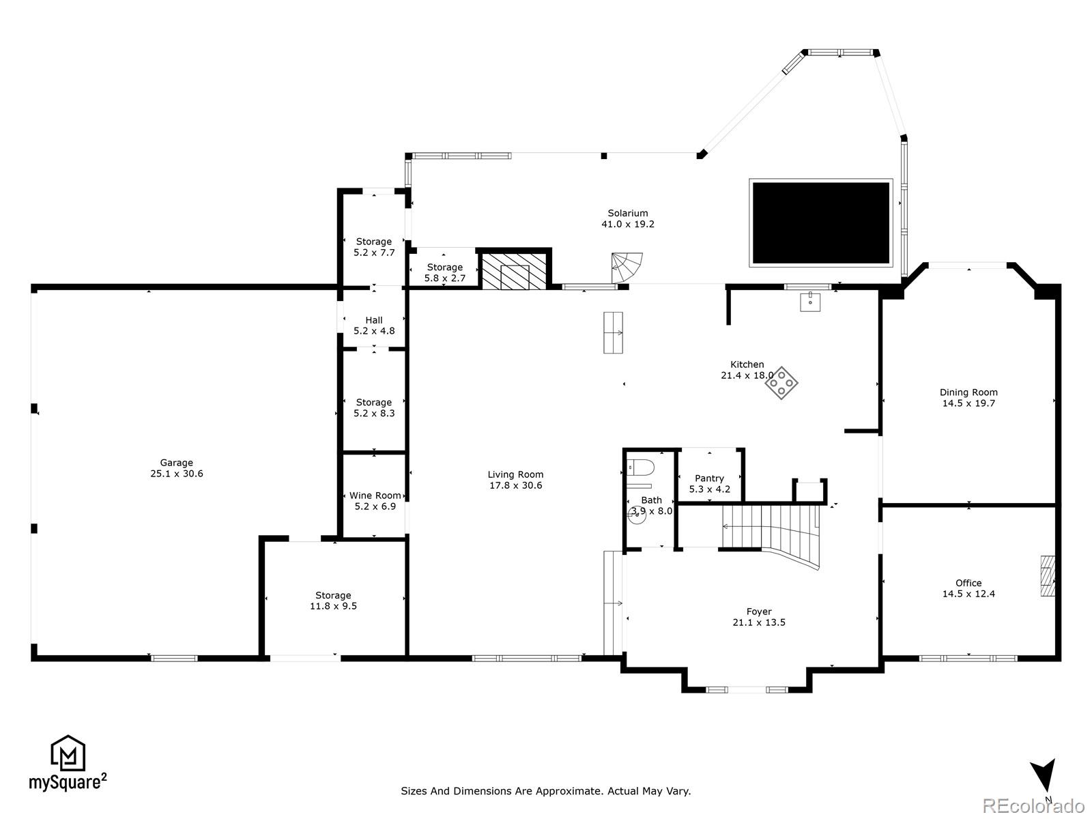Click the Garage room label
coord(177,463)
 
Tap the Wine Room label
coord(375,495)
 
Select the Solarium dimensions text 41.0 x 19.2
coord(627,224)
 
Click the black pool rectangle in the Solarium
coord(820,223)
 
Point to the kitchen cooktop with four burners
coord(781,384)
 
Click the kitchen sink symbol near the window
coord(811,301)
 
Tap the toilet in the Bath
coord(641,468)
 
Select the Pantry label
coord(709,478)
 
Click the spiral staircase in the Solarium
coord(627,267)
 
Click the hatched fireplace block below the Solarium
coord(515,271)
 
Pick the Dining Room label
coord(968,392)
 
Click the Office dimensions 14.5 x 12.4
coord(968,594)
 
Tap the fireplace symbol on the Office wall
coord(1047,576)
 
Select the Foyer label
coord(759,612)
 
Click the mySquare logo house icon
coord(68,753)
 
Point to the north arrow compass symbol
coord(1044,778)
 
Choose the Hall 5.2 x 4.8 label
coord(374,326)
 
